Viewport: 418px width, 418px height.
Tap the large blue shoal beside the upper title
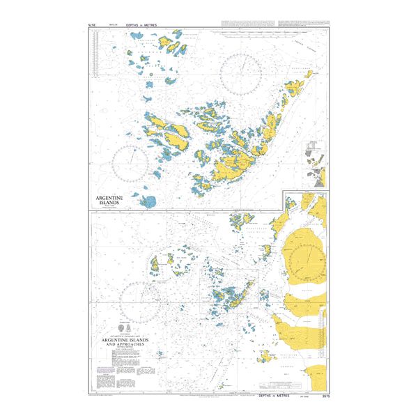[148, 202]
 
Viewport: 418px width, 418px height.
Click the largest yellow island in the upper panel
[230, 168]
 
